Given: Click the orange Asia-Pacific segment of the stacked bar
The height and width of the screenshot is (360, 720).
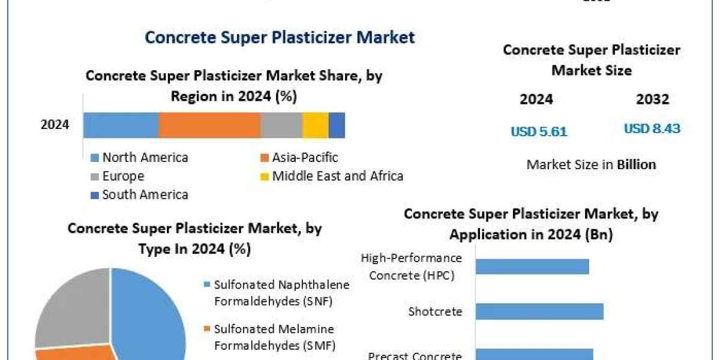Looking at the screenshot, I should click(x=209, y=125).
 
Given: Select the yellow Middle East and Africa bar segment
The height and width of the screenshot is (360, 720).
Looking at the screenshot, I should click(x=315, y=125).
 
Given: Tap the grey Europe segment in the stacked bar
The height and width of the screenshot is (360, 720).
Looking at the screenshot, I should click(x=281, y=125).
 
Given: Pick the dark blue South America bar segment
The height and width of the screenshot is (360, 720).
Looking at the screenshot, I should click(x=337, y=125).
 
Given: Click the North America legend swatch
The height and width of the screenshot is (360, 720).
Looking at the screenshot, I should click(x=95, y=158).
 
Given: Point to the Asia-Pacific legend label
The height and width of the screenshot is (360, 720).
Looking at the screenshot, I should click(x=305, y=158).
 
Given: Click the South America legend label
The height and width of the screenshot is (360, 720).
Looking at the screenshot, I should click(x=145, y=194).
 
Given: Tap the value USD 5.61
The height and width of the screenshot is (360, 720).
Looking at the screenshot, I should click(x=539, y=131).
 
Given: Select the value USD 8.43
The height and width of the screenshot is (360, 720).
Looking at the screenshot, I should click(x=652, y=129).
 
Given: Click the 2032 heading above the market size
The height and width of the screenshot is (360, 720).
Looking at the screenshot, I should click(x=652, y=100).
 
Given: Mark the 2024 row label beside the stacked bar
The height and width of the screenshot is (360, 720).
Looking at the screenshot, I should click(x=55, y=125).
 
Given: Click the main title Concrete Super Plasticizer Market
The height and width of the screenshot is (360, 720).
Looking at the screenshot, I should click(x=280, y=37).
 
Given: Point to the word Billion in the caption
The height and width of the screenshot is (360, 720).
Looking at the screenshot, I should click(x=637, y=164).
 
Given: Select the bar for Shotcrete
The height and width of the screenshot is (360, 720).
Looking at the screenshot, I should click(x=539, y=311).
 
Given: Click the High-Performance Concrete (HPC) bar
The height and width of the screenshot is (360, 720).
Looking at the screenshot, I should click(x=532, y=266).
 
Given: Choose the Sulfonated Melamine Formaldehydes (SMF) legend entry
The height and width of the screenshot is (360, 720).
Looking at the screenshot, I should click(x=274, y=337).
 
